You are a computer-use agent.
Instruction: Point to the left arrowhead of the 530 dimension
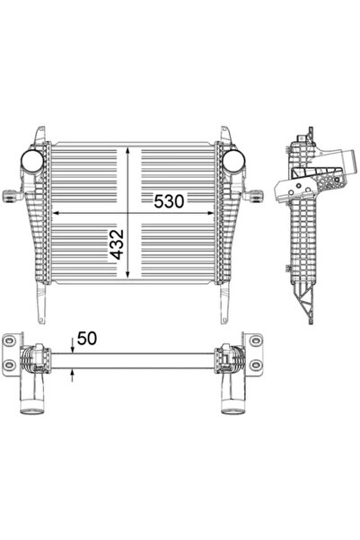pyautogui.click(x=59, y=213)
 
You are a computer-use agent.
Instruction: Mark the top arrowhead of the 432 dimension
pyautogui.click(x=133, y=148)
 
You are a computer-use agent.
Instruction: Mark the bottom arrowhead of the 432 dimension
pyautogui.click(x=133, y=273)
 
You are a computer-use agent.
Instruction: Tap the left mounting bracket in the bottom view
pyautogui.click(x=12, y=347)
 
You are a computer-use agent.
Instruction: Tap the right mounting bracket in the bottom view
pyautogui.click(x=256, y=347)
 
